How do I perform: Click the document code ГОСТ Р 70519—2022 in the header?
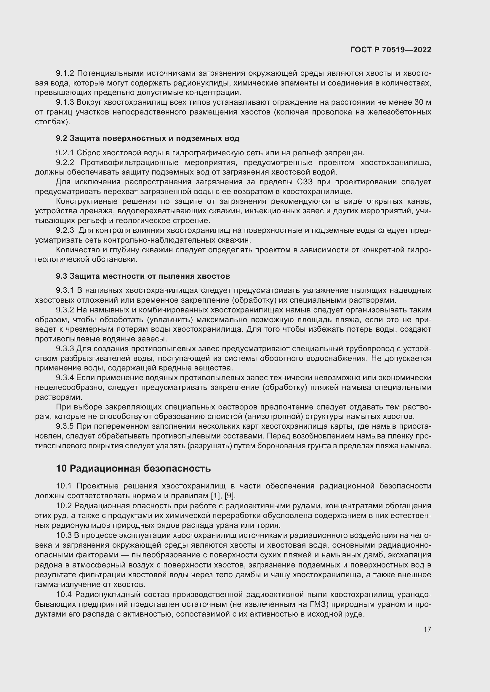(391, 50)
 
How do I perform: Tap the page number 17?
(427, 629)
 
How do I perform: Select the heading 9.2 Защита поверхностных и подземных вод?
(148, 138)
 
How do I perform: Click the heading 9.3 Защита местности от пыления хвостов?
(143, 276)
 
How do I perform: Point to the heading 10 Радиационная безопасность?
(133, 468)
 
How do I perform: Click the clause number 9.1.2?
(65, 73)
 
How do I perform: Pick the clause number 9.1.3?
(65, 102)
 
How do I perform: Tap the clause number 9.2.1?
(65, 153)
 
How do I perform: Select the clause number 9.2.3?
(65, 230)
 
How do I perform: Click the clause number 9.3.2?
(65, 310)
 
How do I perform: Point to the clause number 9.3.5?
(65, 426)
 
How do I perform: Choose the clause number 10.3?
(64, 535)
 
